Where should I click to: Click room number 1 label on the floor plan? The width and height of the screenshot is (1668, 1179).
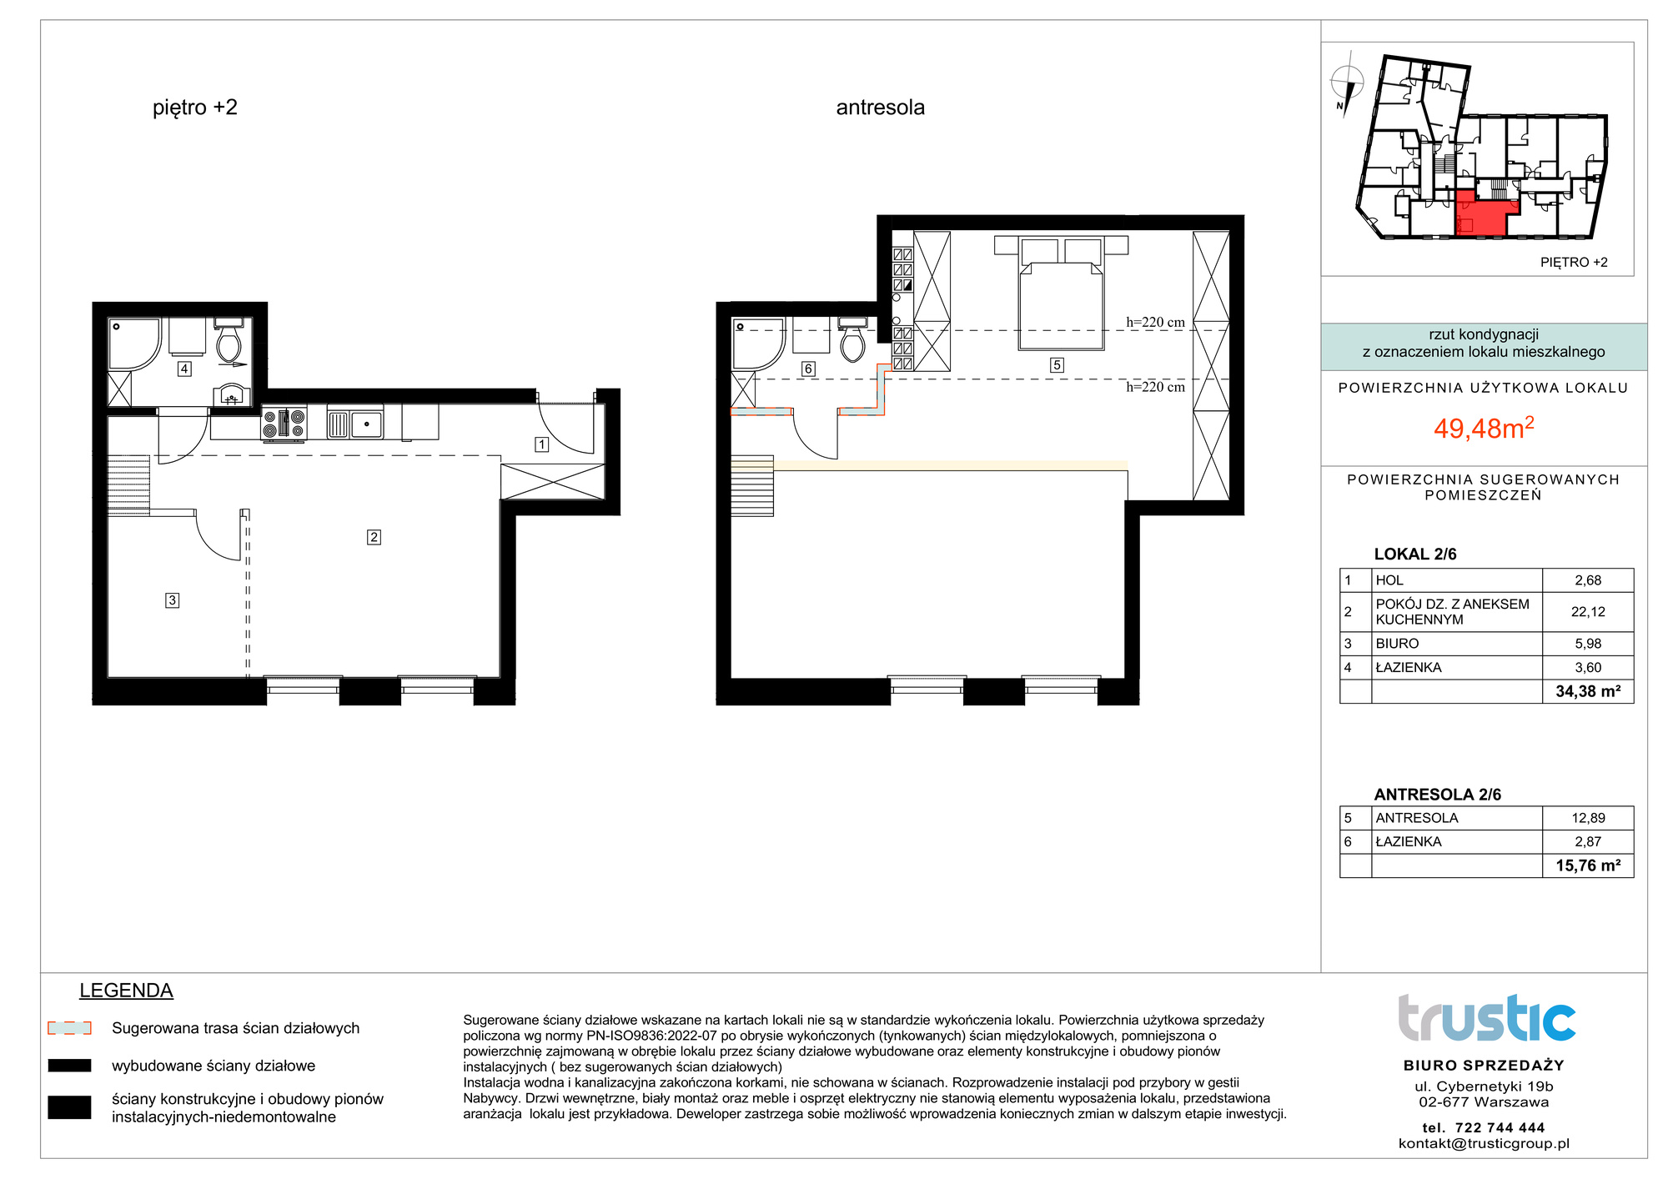point(541,444)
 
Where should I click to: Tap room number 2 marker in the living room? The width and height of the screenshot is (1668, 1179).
point(374,537)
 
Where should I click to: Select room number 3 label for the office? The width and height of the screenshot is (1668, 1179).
point(172,600)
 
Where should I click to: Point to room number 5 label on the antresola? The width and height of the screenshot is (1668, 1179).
point(1057,364)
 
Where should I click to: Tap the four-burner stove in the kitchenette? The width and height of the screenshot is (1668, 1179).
point(284,423)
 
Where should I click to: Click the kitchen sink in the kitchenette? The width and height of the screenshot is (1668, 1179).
point(355,424)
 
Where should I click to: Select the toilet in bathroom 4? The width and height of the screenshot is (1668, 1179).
point(229,339)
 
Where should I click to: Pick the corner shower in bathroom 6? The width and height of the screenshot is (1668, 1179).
point(758,344)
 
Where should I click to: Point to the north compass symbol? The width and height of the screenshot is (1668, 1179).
point(1344,84)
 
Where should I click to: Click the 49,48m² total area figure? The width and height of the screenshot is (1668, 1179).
point(1484,428)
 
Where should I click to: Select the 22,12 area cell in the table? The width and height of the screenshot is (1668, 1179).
point(1588,611)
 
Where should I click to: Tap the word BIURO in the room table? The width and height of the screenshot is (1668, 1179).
point(1397,644)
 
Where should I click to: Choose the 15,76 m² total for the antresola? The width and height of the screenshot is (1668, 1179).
point(1588,865)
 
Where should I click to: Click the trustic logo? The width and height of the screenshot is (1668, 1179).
point(1486,1018)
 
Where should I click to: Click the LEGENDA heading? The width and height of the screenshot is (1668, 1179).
point(126,991)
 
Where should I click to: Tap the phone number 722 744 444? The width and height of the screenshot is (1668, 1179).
point(1500,1127)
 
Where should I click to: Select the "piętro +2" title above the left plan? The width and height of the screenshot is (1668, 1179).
point(195,108)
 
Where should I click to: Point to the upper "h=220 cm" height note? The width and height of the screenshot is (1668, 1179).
point(1155,322)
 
